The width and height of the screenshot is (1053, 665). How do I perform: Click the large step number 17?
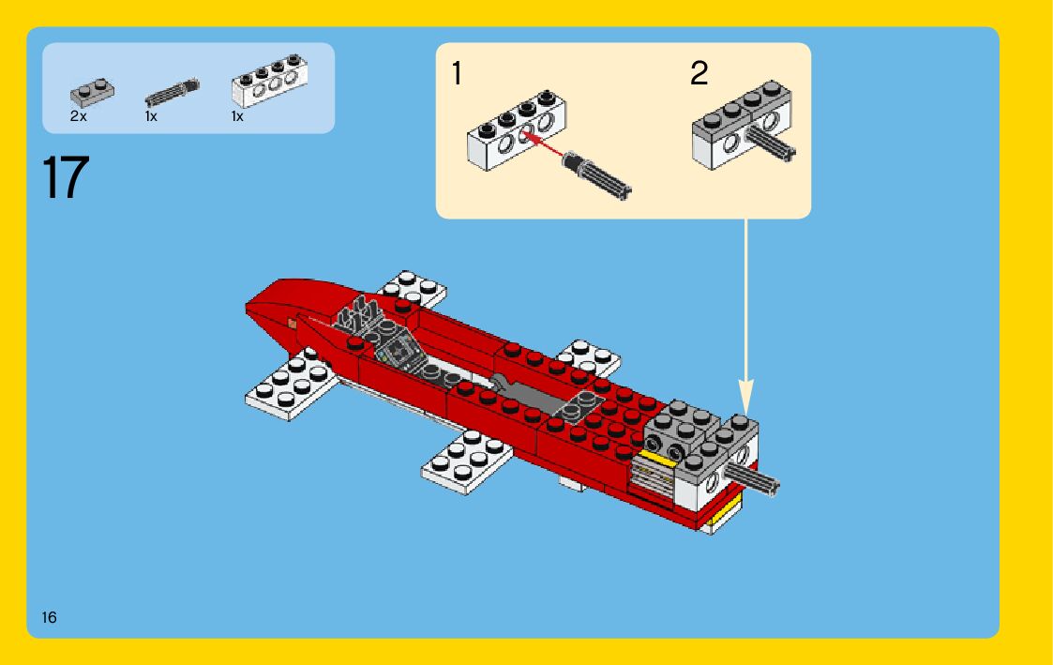(65, 176)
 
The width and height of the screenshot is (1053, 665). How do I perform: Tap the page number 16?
(49, 617)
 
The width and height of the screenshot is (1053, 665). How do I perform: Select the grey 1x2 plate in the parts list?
(92, 93)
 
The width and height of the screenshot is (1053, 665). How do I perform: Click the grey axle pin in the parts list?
(173, 93)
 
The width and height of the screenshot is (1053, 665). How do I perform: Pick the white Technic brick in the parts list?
(269, 82)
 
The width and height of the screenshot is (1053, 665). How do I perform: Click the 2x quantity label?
(78, 116)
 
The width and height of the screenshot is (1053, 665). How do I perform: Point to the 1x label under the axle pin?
(151, 116)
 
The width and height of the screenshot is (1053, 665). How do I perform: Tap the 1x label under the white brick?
(237, 116)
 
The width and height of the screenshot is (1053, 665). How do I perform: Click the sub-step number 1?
(457, 73)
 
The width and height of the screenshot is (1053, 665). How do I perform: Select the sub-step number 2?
(699, 72)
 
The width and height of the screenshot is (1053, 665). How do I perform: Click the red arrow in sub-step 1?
(543, 145)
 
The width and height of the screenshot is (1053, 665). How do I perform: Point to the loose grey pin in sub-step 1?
(597, 174)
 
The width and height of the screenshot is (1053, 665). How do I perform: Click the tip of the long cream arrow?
(745, 413)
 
